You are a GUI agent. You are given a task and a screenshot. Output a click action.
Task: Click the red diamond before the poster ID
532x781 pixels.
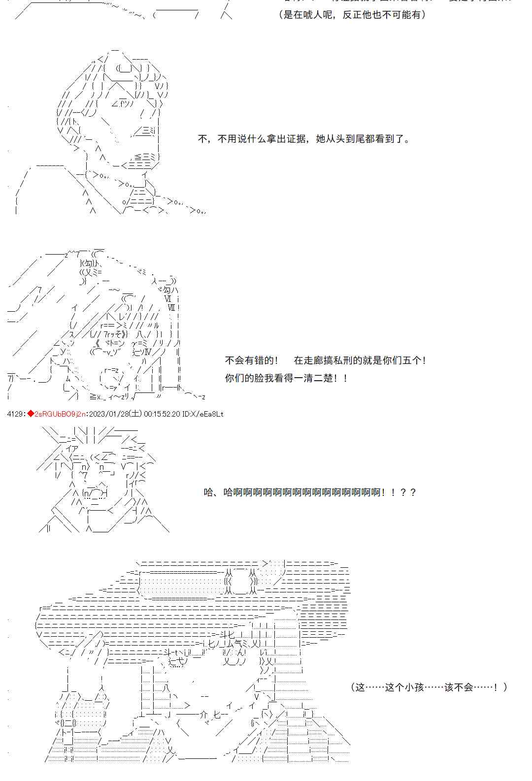pyautogui.click(x=31, y=414)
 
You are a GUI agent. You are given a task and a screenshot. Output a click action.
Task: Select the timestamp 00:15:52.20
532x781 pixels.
pyautogui.click(x=162, y=414)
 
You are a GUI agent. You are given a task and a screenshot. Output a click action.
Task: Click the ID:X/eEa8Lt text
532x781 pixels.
pyautogui.click(x=202, y=414)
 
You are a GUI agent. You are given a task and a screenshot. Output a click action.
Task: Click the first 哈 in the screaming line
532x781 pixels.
pyautogui.click(x=209, y=492)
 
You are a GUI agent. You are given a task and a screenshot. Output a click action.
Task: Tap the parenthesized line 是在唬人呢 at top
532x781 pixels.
pyautogui.click(x=310, y=14)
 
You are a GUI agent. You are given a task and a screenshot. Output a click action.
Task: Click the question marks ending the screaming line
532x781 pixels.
pyautogui.click(x=408, y=492)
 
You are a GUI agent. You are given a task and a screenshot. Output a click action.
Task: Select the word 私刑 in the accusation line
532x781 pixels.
pyautogui.click(x=353, y=360)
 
